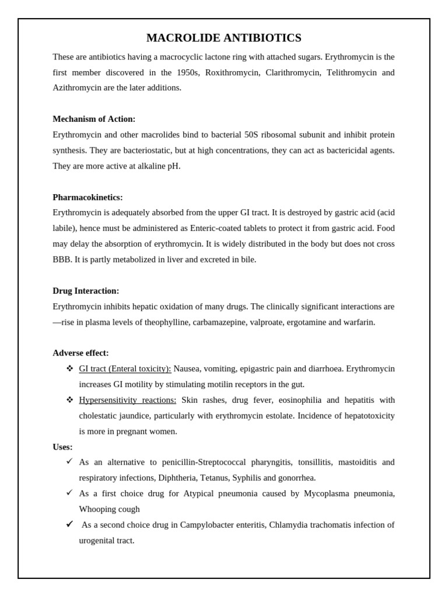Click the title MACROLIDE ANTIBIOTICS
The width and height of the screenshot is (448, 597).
click(223, 38)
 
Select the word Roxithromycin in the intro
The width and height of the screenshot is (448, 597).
click(232, 72)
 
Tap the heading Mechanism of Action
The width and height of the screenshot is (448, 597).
click(94, 119)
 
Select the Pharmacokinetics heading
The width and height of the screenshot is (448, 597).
click(87, 197)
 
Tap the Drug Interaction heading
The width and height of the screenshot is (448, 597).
click(86, 290)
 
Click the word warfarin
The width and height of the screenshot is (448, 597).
click(358, 322)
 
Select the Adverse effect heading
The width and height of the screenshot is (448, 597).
click(80, 353)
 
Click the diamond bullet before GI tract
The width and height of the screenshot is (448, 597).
click(69, 368)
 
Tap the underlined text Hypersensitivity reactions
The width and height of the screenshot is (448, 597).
click(127, 400)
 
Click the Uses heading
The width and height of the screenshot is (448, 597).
click(62, 447)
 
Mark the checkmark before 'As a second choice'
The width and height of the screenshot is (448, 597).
click(69, 524)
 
